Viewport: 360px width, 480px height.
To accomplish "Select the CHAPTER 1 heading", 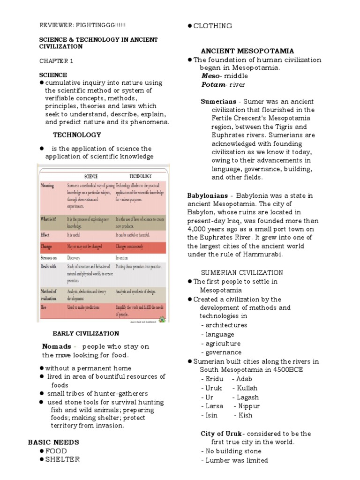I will pos(56,61).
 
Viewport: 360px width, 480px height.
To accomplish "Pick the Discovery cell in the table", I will pos(74,258).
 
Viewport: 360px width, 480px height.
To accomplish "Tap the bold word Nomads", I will pos(56,346).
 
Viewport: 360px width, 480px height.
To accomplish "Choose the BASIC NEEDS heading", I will pos(53,442).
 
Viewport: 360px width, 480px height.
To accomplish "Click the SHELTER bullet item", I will pos(62,459).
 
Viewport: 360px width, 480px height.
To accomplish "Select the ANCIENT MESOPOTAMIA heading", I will pos(247,51).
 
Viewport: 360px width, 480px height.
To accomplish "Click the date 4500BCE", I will pos(287,369).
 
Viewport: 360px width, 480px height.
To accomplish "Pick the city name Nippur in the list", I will pos(249,406).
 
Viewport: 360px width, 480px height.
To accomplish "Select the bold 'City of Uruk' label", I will pos(222,434).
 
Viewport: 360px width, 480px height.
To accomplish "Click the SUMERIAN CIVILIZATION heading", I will pos(242,272).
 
